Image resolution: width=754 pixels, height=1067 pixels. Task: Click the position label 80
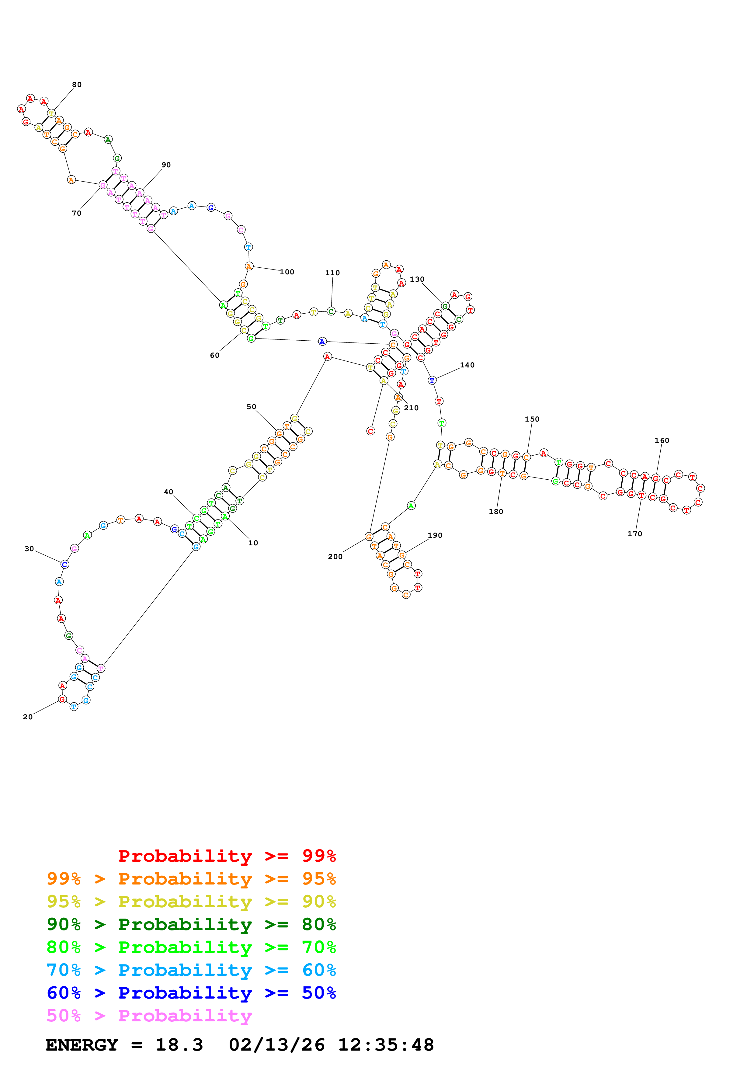(x=77, y=85)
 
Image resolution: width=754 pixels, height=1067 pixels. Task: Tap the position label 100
(x=287, y=272)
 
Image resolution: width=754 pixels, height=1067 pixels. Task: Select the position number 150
(x=532, y=419)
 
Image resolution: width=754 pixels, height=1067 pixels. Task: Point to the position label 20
(x=28, y=717)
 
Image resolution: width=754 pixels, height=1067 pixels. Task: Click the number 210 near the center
(x=411, y=408)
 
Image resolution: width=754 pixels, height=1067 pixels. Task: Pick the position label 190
(x=435, y=535)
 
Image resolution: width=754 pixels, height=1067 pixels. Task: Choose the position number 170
(x=634, y=534)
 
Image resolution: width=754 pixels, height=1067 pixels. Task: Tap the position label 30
(x=29, y=549)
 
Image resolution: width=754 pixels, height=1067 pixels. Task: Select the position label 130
(x=417, y=279)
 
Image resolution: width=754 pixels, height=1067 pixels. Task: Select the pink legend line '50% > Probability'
(x=149, y=1015)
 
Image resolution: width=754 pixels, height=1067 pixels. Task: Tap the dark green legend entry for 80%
(x=191, y=924)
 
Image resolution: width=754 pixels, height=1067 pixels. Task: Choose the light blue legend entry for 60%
(x=191, y=970)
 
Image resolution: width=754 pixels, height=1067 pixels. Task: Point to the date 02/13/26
(x=276, y=1045)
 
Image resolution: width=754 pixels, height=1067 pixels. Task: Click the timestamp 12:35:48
(x=386, y=1045)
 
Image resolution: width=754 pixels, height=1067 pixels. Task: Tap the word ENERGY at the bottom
(x=82, y=1045)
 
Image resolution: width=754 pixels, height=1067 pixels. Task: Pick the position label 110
(x=332, y=273)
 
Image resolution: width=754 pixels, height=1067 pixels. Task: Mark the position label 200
(x=335, y=557)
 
